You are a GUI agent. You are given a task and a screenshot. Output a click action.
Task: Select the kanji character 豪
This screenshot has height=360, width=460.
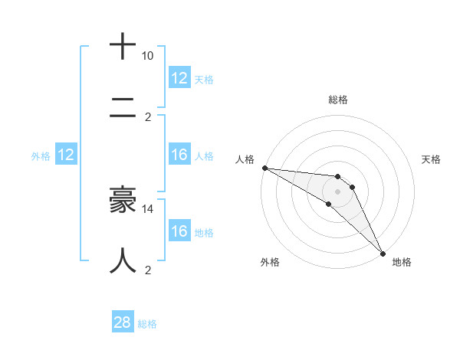pos(123,200)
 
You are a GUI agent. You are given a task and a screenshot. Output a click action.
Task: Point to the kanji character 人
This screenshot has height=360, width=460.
pos(123,260)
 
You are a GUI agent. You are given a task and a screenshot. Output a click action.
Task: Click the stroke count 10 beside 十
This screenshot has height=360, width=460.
pos(147,56)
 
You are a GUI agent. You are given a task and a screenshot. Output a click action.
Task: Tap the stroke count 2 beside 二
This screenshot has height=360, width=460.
pos(148,117)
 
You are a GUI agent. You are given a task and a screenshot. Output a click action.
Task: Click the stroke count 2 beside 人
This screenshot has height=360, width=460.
pos(148,270)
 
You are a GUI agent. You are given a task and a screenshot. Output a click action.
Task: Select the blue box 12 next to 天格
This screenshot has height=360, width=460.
pos(179,78)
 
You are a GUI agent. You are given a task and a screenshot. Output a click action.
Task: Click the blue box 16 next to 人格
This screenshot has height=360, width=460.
pos(179,155)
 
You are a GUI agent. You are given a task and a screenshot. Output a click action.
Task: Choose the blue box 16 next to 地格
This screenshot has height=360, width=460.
pos(179,231)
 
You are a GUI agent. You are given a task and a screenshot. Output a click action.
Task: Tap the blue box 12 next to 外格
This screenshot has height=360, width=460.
pos(66,155)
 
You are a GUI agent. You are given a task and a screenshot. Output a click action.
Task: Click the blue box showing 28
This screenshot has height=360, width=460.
pos(123,322)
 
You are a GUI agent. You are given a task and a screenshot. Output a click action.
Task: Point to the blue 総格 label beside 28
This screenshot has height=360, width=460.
pos(147,324)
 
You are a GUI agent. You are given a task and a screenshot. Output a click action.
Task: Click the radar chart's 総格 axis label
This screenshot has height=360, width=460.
pos(338,100)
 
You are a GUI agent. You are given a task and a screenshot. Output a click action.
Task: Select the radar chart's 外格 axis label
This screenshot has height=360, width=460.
pos(270,262)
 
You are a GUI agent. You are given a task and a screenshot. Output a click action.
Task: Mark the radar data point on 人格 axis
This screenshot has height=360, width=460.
pos(264,168)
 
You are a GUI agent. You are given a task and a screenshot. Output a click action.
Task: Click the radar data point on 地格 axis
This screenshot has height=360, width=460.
pos(382,252)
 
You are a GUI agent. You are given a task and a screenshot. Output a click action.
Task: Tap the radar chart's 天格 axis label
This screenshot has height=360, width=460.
pos(432,159)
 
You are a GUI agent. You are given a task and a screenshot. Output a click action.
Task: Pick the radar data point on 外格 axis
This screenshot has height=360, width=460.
pos(329,204)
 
